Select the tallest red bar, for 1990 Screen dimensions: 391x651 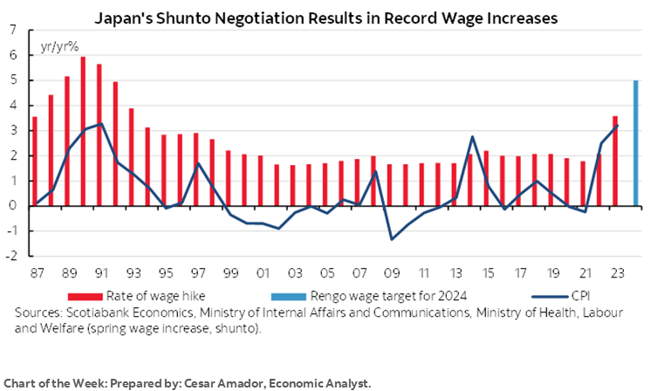coord(83,132)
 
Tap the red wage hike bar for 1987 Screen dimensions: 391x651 coord(35,161)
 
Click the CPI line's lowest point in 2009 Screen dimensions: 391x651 coord(392,239)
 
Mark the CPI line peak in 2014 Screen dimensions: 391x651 coord(472,136)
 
